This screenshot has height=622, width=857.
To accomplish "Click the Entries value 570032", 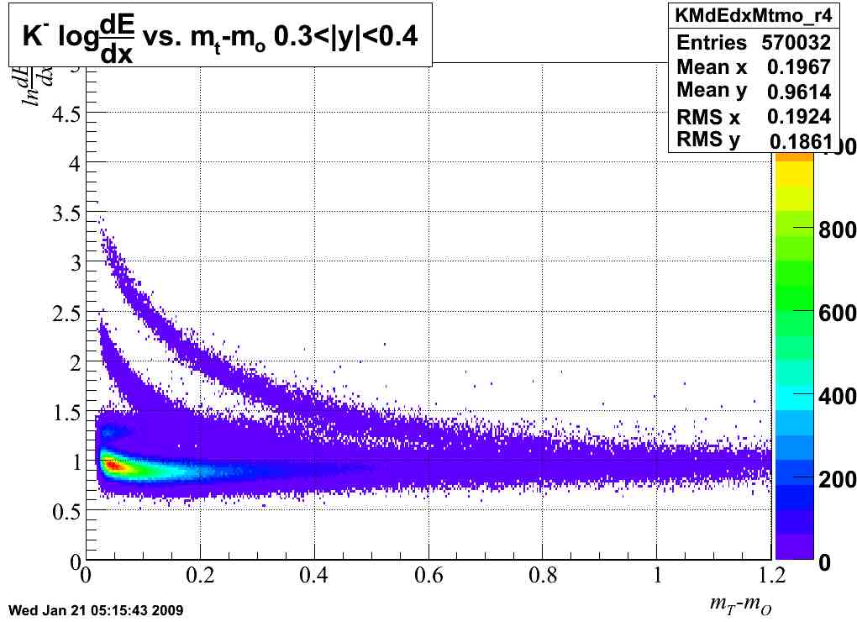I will point(797,43).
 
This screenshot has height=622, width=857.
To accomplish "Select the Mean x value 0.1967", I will point(799,67).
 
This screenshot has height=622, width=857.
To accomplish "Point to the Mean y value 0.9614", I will point(799,92).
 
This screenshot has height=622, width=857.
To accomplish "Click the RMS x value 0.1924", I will point(799,116).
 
